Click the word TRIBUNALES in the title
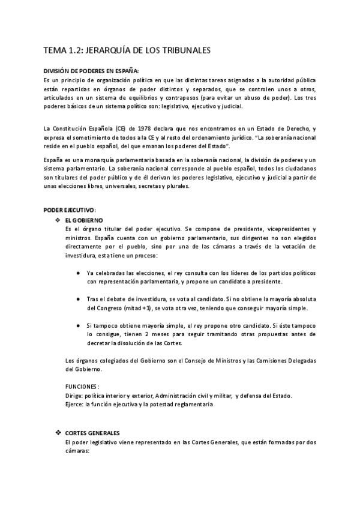[x=182, y=51]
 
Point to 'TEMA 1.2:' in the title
[x=65, y=51]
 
